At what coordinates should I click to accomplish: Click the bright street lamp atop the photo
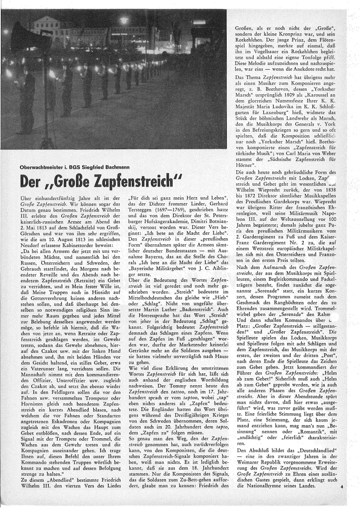tap(123, 20)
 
